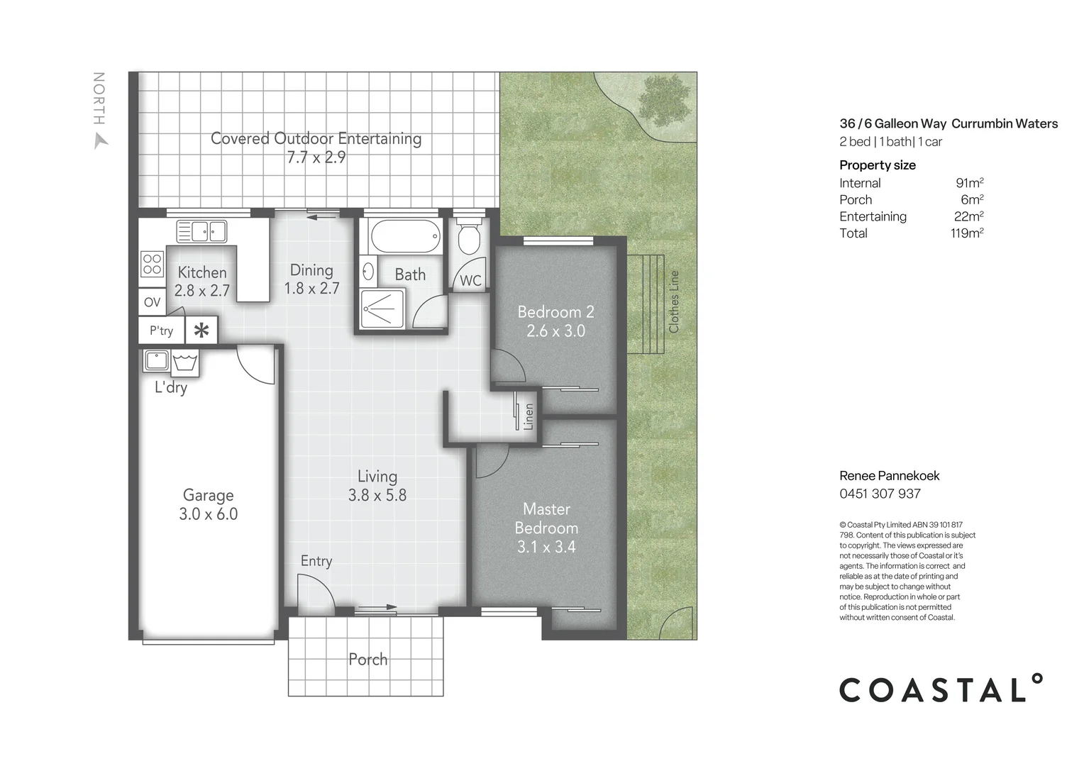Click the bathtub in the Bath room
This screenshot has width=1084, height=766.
405,236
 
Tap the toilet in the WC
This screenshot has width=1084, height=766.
469,238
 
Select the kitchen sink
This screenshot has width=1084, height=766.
201,231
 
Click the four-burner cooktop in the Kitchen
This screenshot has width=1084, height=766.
153,265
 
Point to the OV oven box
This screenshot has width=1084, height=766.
152,302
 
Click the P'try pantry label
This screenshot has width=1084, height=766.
161,331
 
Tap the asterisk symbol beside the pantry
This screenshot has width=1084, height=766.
201,331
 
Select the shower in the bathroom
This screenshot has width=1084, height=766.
382,309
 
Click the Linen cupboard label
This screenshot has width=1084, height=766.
528,416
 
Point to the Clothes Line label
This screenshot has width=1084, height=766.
674,301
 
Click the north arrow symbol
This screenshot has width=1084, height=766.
101,140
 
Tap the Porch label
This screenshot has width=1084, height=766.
367,660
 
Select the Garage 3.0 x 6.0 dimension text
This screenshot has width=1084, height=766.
208,514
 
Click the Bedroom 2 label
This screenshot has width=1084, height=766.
555,312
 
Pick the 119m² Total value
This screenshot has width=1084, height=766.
966,233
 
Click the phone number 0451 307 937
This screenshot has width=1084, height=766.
880,494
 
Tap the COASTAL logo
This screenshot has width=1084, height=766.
941,689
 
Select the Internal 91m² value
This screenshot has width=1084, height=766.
969,183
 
